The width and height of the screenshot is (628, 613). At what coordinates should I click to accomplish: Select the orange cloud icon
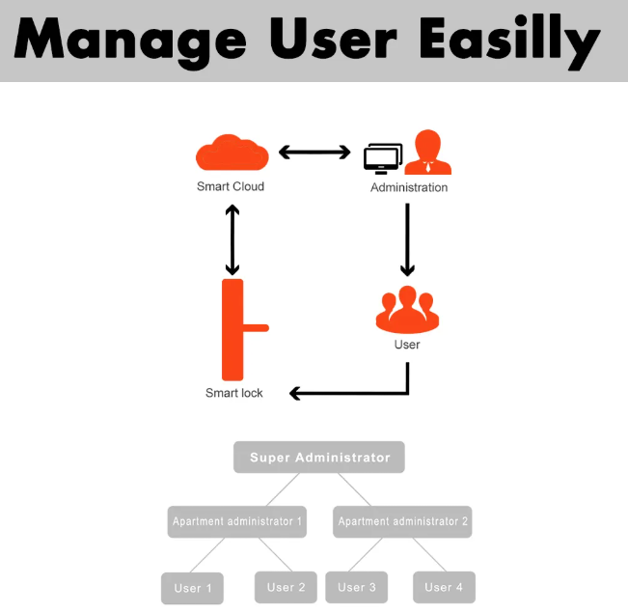click(x=232, y=154)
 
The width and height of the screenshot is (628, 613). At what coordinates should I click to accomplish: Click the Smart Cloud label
click(x=231, y=186)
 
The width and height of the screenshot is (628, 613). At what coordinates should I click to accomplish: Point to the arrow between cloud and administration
click(x=314, y=153)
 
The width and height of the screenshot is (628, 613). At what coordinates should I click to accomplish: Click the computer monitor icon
click(x=383, y=158)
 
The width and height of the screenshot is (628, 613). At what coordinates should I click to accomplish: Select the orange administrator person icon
click(x=428, y=153)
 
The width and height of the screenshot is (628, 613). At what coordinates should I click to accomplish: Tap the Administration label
click(x=409, y=187)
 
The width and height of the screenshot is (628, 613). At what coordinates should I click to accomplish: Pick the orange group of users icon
click(x=407, y=309)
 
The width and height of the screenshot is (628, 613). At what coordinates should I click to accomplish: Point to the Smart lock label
click(x=234, y=393)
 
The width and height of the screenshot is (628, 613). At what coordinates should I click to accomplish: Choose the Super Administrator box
click(x=319, y=457)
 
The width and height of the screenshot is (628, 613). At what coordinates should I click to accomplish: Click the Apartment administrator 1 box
click(x=237, y=521)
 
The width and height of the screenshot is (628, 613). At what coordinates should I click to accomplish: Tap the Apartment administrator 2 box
click(x=402, y=521)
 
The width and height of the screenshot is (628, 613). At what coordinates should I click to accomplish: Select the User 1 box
click(x=192, y=588)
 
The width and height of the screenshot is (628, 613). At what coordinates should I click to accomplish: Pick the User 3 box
click(x=357, y=587)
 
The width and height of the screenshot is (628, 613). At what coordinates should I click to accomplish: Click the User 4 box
click(x=444, y=587)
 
